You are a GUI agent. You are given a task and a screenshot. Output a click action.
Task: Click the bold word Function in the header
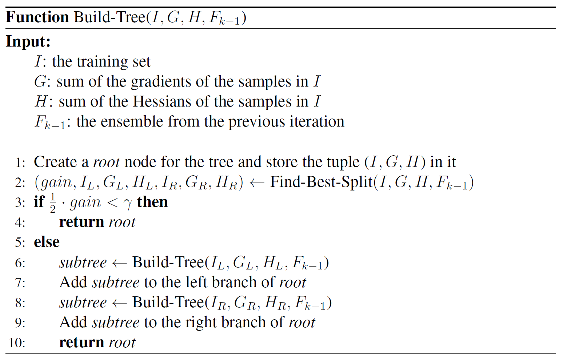point(37,17)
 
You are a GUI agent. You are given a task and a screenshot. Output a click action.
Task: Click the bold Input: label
point(28,41)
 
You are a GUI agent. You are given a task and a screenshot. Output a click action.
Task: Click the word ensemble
point(132,121)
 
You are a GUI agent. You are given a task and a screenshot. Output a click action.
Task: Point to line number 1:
point(20,162)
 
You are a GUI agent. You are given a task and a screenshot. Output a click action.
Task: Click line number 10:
point(17,343)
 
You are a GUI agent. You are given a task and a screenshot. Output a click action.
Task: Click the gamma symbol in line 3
point(128,204)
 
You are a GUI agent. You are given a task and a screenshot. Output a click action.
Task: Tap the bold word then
point(152,202)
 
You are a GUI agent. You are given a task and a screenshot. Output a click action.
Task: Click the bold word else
point(47,242)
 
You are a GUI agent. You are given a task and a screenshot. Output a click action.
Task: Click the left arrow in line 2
point(256,183)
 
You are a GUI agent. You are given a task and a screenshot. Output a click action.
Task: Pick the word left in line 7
point(195,282)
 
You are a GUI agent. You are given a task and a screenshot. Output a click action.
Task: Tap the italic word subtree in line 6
point(83,263)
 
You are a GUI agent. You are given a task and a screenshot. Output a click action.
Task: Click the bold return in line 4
point(82,222)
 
